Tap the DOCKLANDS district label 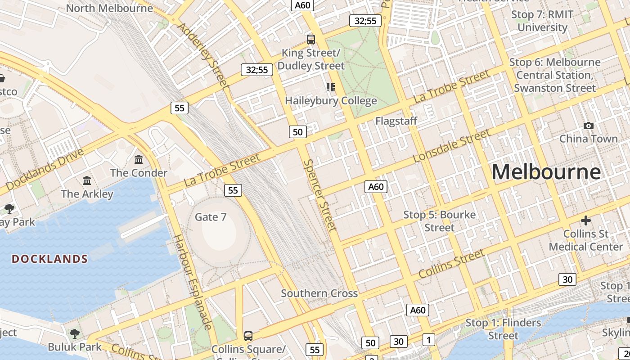[49, 259]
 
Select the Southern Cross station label [319, 293]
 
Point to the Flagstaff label [396, 121]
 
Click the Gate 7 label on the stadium [210, 217]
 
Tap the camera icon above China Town [588, 126]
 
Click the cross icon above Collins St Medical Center [585, 220]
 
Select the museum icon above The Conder [139, 159]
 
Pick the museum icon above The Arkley [87, 180]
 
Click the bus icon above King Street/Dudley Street [310, 39]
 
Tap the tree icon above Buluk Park [75, 334]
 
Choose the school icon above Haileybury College [331, 87]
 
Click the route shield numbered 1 [429, 339]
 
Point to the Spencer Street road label [319, 195]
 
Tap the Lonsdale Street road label [451, 146]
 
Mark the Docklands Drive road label [45, 169]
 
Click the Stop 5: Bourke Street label [439, 221]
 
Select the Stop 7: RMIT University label [542, 21]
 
